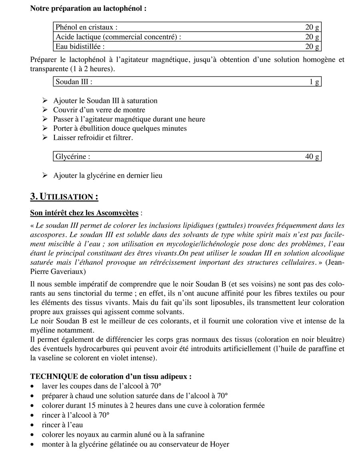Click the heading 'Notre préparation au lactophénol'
88,8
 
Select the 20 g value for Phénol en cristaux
312,27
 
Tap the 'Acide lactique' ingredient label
118,37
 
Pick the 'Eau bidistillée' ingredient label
80,46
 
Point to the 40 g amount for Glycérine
312,156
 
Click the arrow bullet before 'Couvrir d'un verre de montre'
45,110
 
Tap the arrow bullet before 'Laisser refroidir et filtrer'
45,138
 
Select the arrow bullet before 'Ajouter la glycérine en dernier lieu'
45,176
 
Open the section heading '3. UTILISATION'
64,197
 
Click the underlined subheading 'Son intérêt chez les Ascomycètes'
84,213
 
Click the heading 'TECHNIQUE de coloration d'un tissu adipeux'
111,377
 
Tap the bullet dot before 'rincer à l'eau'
32,425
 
